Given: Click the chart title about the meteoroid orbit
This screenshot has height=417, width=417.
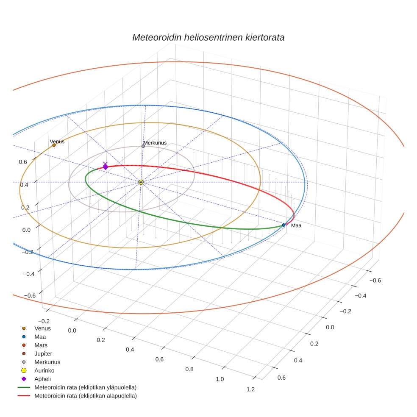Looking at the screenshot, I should [208, 37].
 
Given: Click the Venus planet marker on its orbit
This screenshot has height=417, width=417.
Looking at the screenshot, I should [54, 145].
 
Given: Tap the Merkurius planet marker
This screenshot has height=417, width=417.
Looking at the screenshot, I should [143, 146].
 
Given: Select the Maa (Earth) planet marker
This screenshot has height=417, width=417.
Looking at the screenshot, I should [284, 225].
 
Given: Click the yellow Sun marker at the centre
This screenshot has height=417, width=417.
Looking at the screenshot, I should [141, 182].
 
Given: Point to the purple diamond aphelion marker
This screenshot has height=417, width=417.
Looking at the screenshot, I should [105, 167].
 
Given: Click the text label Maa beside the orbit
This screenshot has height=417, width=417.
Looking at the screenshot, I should [296, 225].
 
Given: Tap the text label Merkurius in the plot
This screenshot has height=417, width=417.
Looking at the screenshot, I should [155, 143].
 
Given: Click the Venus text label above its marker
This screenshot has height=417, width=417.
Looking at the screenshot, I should [57, 142].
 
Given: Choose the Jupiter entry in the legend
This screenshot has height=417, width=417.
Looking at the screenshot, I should [43, 353].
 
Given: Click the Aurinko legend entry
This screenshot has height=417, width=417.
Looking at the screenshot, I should [44, 370].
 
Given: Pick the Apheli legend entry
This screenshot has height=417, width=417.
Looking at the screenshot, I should [42, 379].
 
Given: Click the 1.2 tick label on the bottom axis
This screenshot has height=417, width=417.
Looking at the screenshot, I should [250, 389].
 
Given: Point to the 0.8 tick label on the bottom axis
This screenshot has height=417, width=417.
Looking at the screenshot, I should [189, 369].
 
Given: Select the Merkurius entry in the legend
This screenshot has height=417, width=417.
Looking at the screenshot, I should [47, 362].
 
